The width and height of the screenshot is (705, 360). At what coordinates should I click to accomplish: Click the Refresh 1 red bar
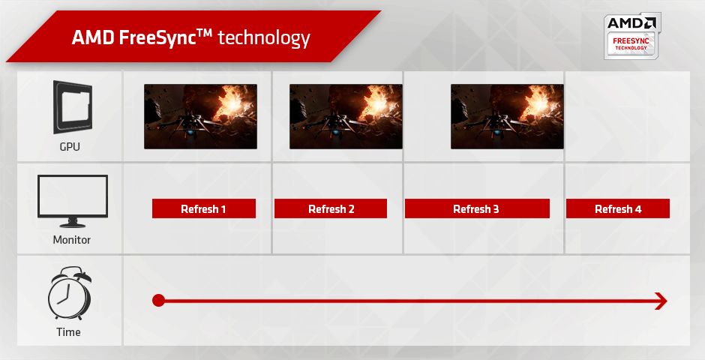[x=203, y=208]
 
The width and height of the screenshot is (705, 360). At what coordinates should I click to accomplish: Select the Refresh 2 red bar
[x=331, y=208]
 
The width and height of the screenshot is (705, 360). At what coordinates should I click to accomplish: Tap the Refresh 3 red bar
[x=476, y=208]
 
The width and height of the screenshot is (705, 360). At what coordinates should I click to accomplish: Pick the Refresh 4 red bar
[x=617, y=208]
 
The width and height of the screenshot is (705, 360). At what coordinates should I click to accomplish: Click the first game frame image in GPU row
[x=200, y=115]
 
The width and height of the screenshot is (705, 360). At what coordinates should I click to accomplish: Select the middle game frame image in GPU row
[x=346, y=115]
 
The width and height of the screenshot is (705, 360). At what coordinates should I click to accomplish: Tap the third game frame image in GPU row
[x=506, y=115]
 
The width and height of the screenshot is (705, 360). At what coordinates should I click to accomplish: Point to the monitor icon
[x=72, y=198]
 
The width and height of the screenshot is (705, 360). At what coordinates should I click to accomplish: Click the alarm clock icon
[x=70, y=295]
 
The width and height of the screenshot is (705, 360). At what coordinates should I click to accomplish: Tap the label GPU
[x=70, y=147]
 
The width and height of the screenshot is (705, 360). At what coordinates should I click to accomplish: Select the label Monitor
[x=72, y=240]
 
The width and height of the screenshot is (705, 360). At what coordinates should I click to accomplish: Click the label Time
[x=68, y=332]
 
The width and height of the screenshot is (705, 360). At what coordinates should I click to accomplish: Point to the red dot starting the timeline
[x=158, y=301]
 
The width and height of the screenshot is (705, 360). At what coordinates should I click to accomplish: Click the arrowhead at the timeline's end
[x=661, y=301]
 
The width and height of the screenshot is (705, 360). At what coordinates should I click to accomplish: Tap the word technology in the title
[x=263, y=37]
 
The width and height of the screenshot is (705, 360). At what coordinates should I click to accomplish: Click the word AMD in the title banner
[x=93, y=37]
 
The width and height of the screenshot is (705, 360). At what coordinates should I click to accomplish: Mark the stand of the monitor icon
[x=73, y=222]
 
